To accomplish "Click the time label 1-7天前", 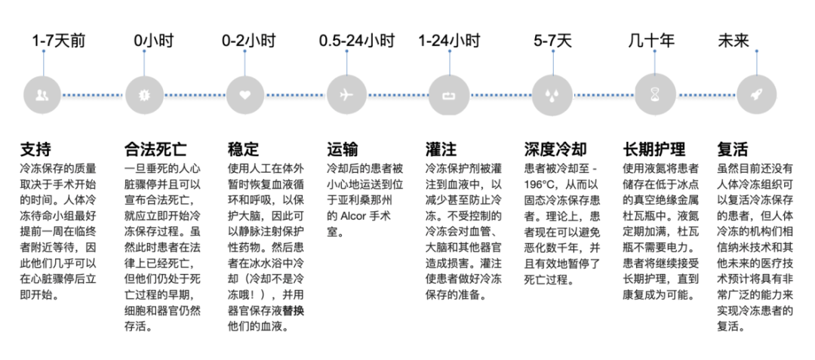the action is click(x=58, y=41).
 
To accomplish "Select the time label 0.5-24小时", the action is click(x=356, y=41).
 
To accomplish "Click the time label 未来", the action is click(x=733, y=41).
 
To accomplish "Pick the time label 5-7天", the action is click(x=552, y=41).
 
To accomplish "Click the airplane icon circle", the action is click(x=347, y=95).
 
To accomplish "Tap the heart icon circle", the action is click(x=244, y=95).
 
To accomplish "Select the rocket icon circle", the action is click(x=755, y=95).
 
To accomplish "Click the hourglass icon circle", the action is click(x=654, y=95).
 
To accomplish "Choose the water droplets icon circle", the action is click(x=551, y=95).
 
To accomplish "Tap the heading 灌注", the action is click(x=441, y=149).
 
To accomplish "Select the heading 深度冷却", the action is click(x=555, y=149).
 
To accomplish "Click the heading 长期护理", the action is click(x=654, y=149).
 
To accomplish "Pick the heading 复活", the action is click(x=733, y=149).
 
